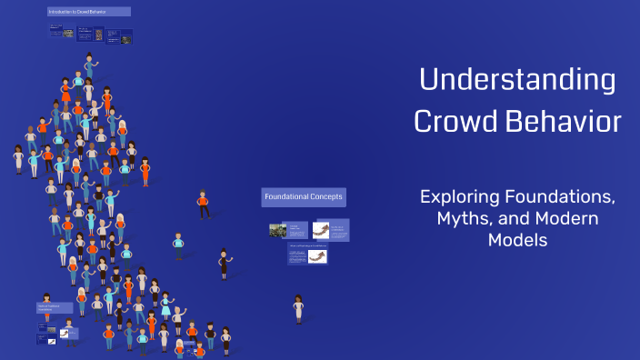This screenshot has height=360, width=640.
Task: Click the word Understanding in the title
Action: coord(516,81)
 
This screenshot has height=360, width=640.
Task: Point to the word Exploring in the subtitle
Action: coord(458,196)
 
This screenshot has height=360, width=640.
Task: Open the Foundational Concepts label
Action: coord(304,197)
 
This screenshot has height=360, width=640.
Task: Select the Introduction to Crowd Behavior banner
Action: coord(89,12)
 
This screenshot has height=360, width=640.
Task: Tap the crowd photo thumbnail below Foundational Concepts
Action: coord(278,230)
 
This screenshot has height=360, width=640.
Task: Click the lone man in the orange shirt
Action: coord(203,204)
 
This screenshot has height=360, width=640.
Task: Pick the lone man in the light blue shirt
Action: coord(178,245)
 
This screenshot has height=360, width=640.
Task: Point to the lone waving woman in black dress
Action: coord(224,264)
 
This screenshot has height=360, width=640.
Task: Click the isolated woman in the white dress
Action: coord(298,308)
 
